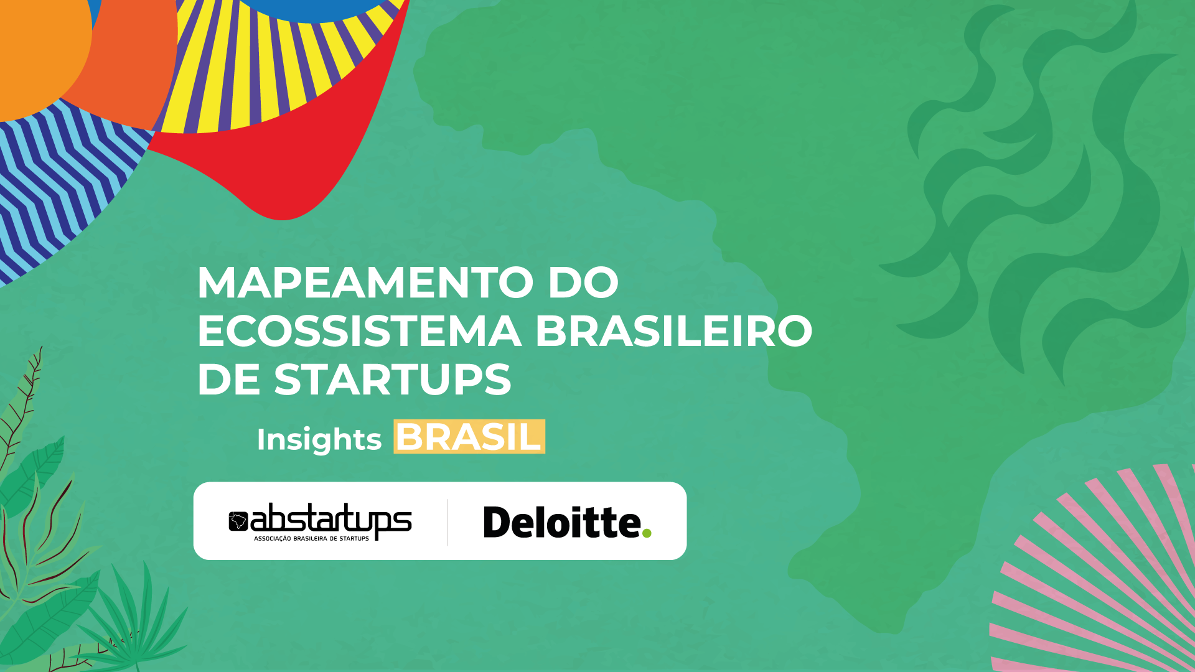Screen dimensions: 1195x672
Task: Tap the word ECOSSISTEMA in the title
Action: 359,331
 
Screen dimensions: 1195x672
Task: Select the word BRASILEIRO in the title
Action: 674,331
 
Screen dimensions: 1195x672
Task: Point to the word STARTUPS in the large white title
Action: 393,380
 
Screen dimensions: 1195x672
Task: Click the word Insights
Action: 319,439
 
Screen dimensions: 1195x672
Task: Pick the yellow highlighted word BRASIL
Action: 469,436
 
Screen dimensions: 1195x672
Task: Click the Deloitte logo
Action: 567,522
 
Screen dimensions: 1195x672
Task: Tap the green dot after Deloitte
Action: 647,533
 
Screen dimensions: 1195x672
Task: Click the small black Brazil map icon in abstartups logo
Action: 238,521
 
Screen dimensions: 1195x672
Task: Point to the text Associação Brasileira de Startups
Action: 311,538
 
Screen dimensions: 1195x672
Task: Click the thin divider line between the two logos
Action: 448,522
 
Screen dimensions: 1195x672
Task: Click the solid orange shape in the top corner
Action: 37,44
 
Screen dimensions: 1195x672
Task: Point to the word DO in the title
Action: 583,282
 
